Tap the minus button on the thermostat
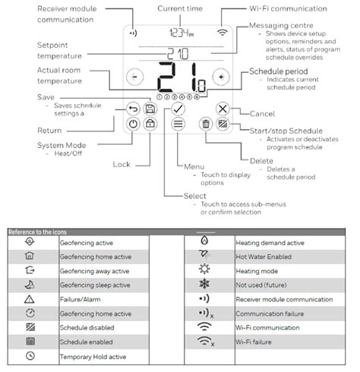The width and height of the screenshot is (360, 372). click(135, 77)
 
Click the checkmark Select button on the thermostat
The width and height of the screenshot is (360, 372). click(180, 109)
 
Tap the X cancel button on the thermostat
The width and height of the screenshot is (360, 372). click(222, 109)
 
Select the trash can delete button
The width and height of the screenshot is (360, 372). click(205, 124)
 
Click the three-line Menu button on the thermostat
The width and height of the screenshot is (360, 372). click(180, 125)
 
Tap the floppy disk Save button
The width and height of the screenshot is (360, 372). click(150, 109)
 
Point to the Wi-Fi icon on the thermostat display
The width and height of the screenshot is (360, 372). click(222, 33)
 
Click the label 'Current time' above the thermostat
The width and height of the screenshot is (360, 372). click(180, 8)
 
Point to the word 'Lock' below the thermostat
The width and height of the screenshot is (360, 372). click(121, 164)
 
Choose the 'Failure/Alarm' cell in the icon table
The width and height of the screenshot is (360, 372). click(82, 299)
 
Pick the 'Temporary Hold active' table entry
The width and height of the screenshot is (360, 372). click(93, 355)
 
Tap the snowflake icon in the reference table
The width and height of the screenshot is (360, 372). click(204, 285)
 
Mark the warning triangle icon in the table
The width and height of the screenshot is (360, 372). click(30, 299)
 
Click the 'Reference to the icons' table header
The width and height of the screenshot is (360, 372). click(38, 231)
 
